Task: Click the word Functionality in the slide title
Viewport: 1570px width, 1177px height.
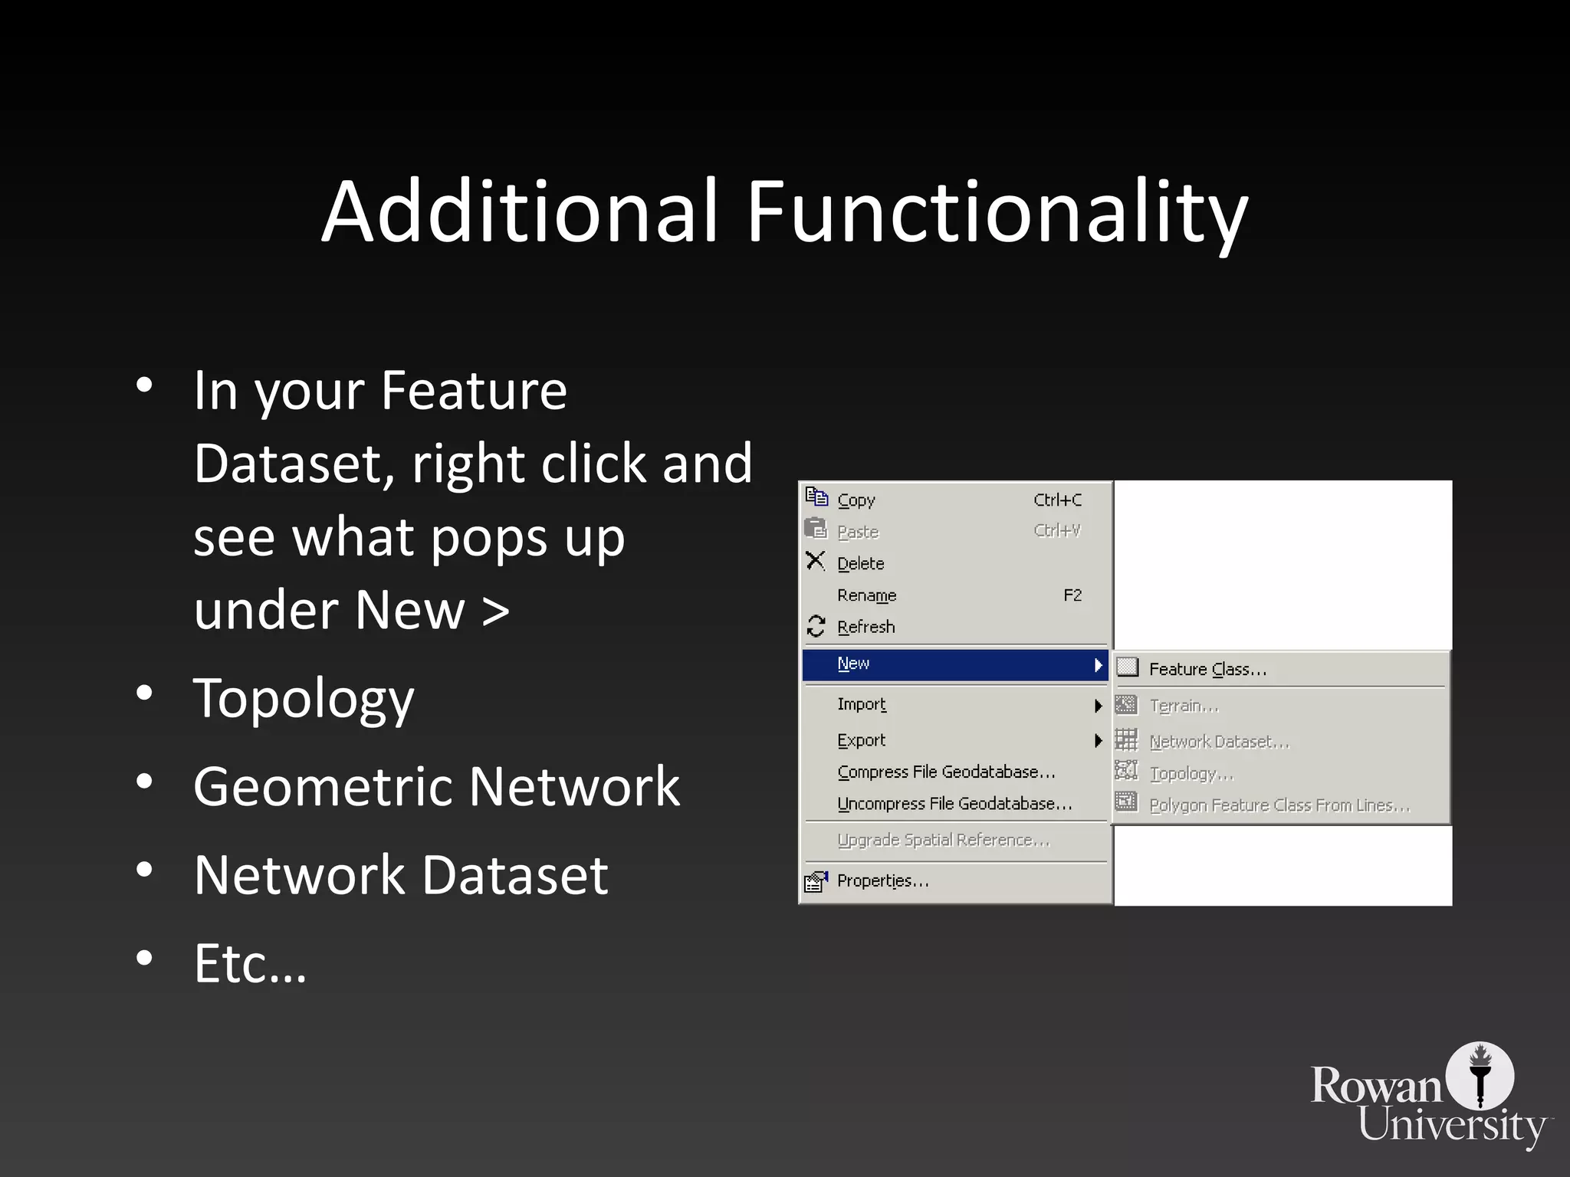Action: [x=997, y=211]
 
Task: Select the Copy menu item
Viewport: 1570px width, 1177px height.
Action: [x=856, y=500]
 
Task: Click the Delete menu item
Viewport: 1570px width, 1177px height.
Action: [x=860, y=564]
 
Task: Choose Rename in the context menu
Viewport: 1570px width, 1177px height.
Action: [x=866, y=595]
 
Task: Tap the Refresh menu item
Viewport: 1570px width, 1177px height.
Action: [x=865, y=627]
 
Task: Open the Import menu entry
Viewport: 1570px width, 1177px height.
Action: [x=862, y=704]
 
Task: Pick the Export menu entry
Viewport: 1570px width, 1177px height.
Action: [x=862, y=740]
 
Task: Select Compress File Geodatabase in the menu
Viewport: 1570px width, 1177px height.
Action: [x=946, y=772]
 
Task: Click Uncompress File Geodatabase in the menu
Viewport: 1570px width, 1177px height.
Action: [x=954, y=804]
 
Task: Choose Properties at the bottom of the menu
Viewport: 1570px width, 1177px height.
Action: [x=882, y=881]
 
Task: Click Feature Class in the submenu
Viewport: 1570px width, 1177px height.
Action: [x=1207, y=670]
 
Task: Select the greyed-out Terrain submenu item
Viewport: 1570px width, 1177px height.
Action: [x=1184, y=706]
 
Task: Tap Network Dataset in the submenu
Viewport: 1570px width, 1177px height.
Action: [x=1219, y=742]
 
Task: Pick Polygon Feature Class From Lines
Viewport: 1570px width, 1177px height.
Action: [x=1279, y=805]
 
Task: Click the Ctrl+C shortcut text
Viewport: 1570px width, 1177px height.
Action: [x=1057, y=500]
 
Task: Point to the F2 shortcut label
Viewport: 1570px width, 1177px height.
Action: [x=1072, y=595]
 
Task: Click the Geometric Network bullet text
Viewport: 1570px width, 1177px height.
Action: [x=436, y=787]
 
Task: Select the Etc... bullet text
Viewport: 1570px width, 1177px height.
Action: [x=250, y=963]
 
